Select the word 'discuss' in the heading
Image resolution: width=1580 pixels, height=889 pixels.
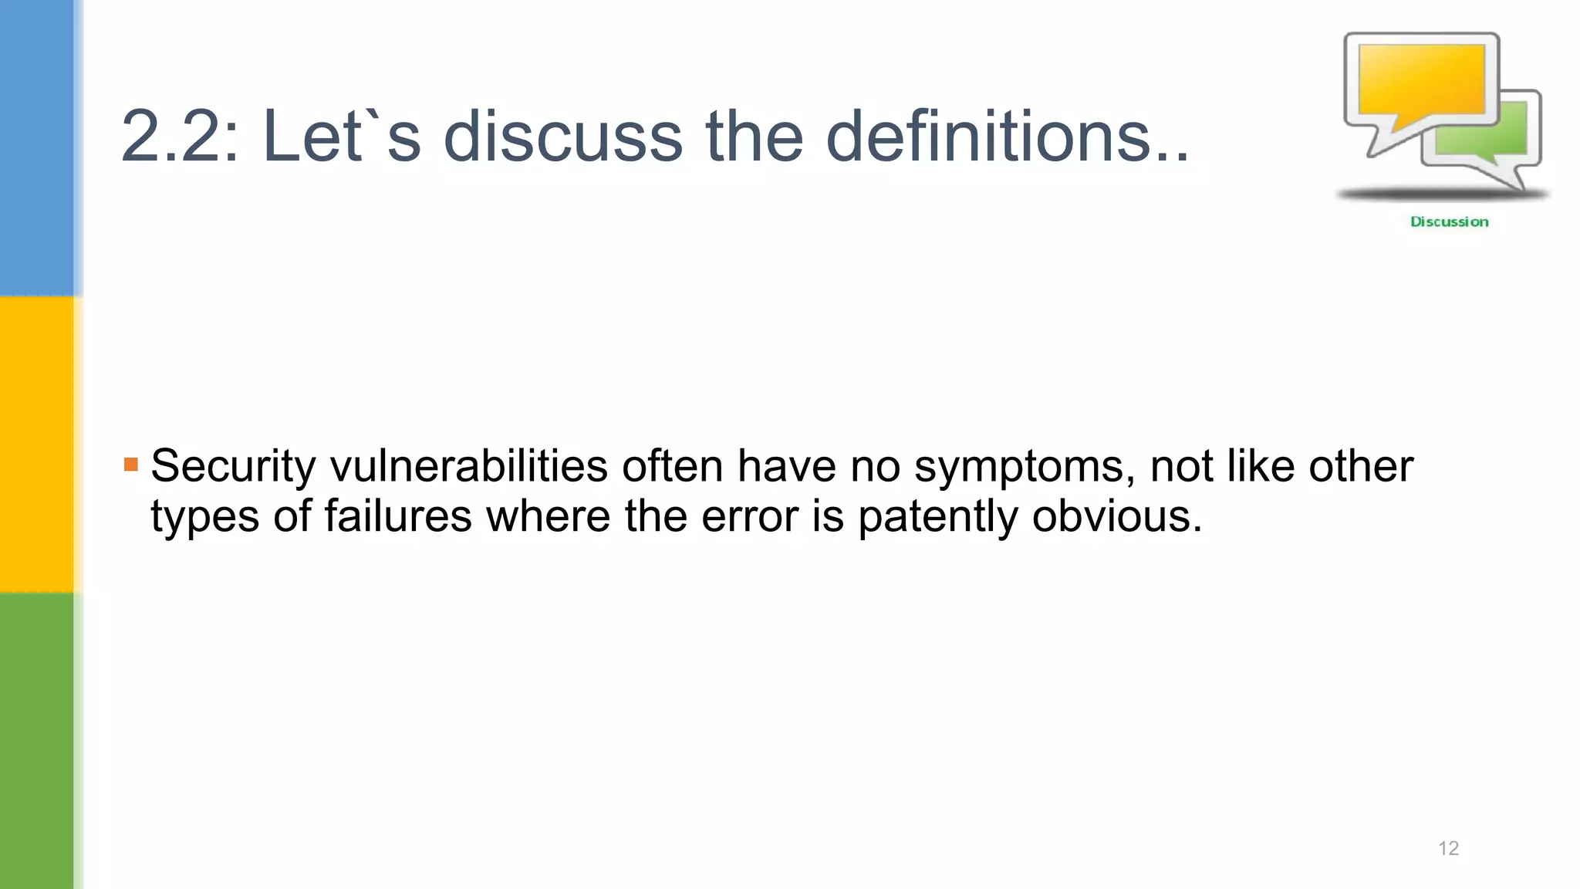click(563, 137)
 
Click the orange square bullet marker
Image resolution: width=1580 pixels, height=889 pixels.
click(131, 465)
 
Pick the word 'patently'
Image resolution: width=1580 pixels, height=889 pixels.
click(937, 518)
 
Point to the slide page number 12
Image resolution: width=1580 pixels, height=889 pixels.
click(1448, 848)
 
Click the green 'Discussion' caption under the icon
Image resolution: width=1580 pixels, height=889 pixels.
click(1449, 222)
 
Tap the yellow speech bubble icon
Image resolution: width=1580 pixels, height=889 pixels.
click(1421, 80)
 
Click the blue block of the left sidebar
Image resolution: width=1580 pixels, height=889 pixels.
click(37, 147)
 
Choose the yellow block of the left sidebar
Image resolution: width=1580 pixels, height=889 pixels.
click(37, 444)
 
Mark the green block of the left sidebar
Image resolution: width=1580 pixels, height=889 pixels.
click(37, 741)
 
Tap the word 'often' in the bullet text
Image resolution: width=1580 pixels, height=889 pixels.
click(673, 467)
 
